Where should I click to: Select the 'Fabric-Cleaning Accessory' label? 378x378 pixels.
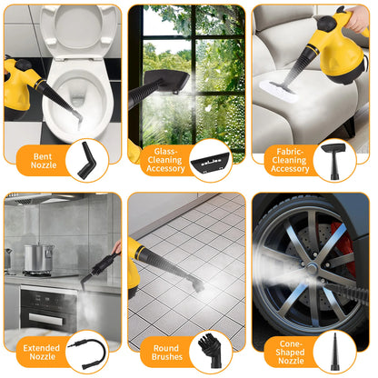tap(289, 161)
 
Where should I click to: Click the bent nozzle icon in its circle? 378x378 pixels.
tap(87, 160)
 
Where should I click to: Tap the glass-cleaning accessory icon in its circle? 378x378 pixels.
tap(211, 161)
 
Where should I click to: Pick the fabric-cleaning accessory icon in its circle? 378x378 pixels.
tap(333, 160)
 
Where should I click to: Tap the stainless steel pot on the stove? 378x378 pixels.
tap(38, 256)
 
